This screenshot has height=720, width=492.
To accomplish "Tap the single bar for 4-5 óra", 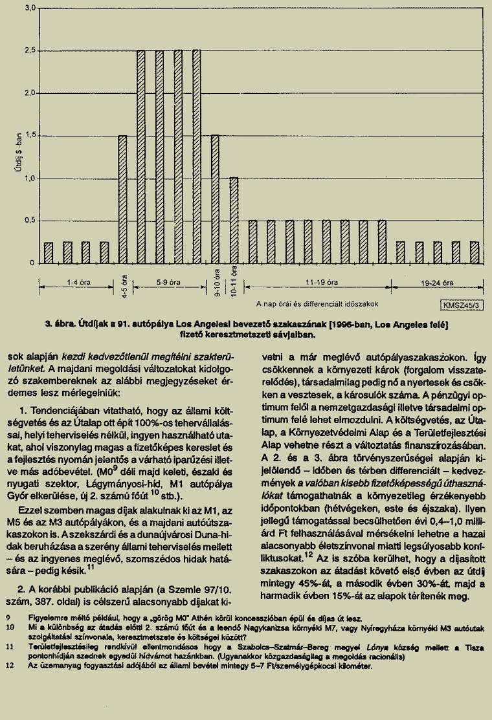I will tap(122, 199).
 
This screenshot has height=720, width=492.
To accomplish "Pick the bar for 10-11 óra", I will tap(234, 220).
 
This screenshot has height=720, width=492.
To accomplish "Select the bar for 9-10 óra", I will tap(215, 199).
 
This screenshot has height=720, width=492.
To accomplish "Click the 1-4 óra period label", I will tap(78, 283).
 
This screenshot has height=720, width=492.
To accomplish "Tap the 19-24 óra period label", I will tap(436, 283).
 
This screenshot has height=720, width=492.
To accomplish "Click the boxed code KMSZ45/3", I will tap(462, 304).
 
